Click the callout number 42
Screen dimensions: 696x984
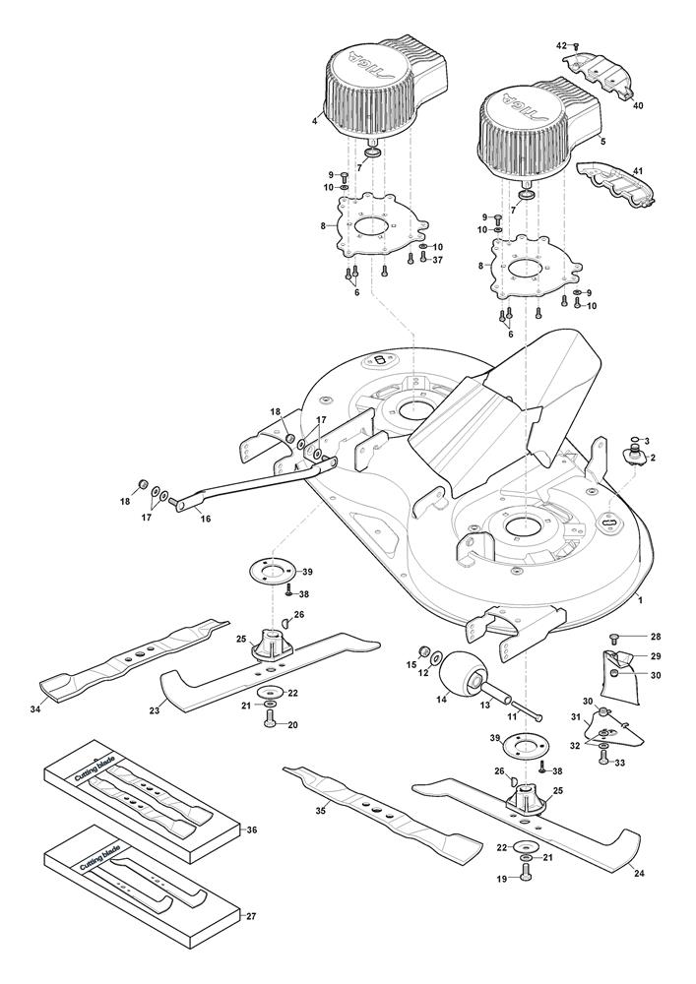562,45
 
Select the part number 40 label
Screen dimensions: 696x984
638,106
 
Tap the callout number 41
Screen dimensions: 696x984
638,170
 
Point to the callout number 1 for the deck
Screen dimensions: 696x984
640,600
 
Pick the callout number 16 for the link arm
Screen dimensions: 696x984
205,519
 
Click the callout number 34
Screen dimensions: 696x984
35,709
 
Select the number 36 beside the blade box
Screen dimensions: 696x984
252,830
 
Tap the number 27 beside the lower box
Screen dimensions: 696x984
251,916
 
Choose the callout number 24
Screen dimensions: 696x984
640,873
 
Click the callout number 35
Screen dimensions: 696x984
320,811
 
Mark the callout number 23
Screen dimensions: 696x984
155,710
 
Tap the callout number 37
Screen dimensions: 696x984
437,260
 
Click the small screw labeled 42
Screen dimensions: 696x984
576,46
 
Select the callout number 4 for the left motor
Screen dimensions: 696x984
314,121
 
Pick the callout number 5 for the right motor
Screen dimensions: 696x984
603,143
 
